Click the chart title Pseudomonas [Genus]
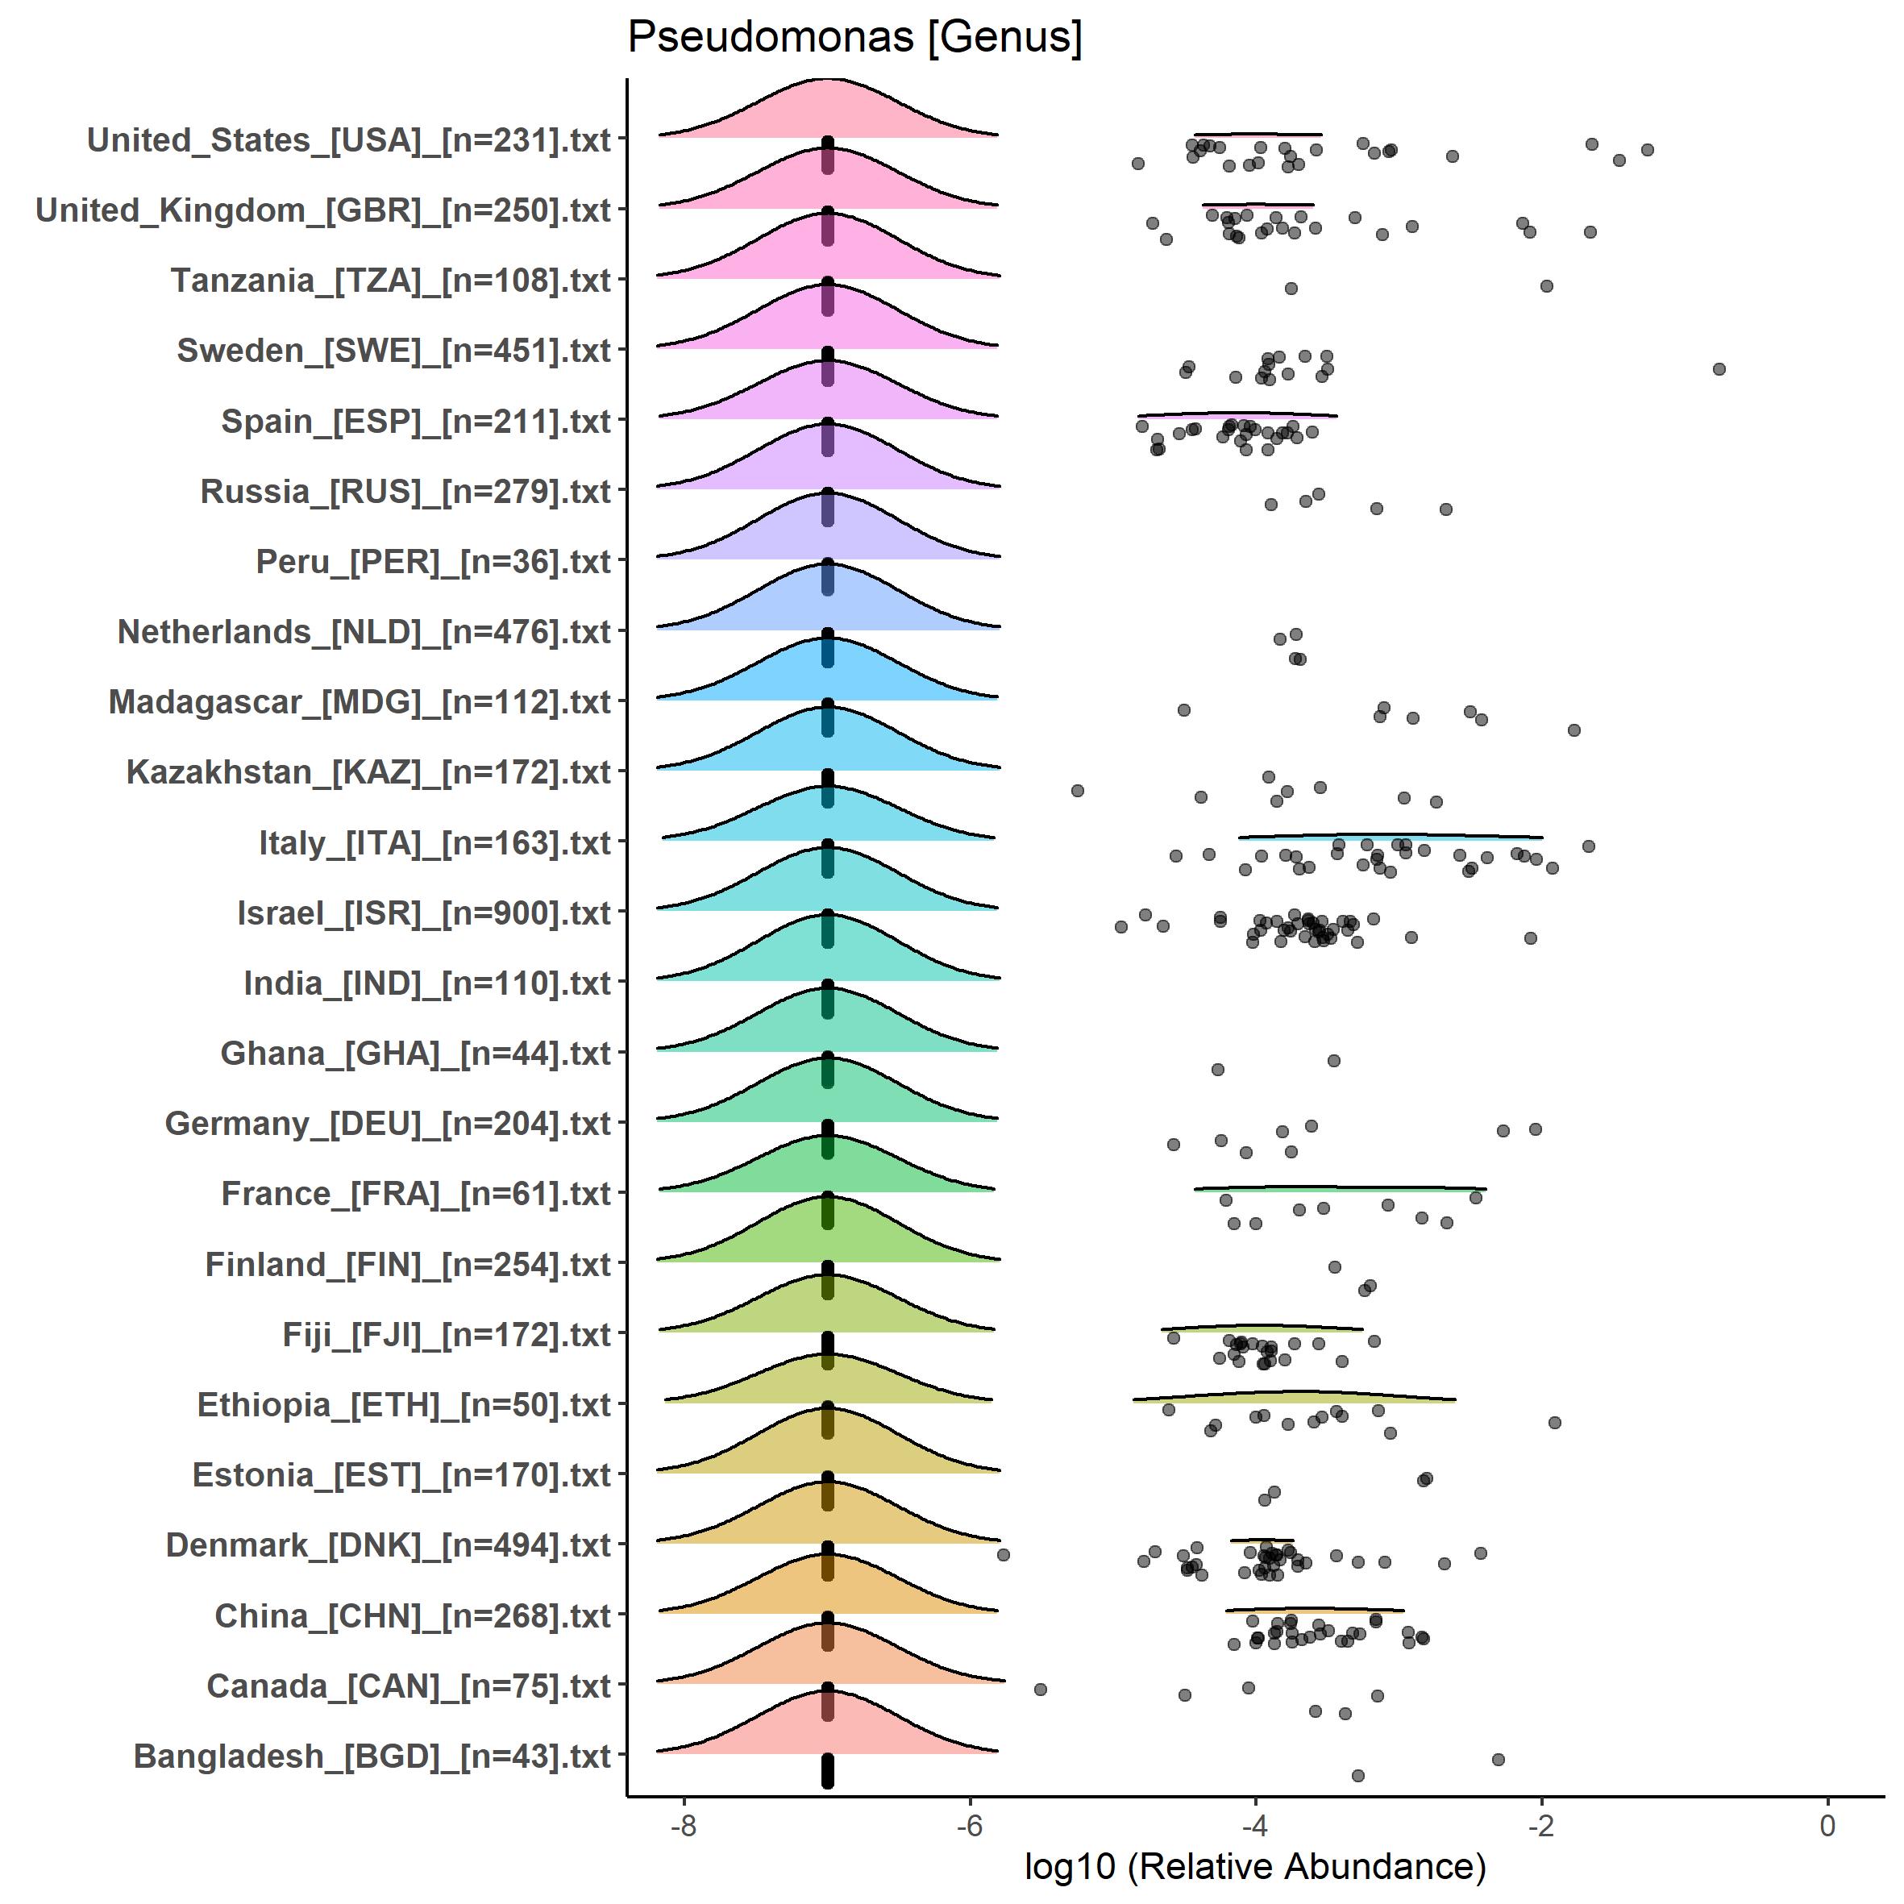tap(854, 37)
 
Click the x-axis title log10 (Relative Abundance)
tap(1254, 1865)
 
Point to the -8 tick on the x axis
tap(684, 1825)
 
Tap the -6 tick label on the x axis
tap(970, 1825)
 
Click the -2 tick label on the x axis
tap(1541, 1825)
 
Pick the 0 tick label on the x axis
tap(1828, 1825)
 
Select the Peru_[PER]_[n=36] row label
tap(434, 562)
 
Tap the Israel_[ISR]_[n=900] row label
tap(424, 913)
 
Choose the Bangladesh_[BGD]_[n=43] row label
tap(372, 1756)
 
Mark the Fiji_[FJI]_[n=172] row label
tap(447, 1334)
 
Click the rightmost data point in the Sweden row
tap(1719, 368)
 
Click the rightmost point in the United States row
tap(1647, 150)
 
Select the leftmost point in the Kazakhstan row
tap(1077, 790)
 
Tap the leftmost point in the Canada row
tap(1040, 1689)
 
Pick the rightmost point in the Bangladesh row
tap(1498, 1759)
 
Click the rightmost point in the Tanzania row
tap(1546, 286)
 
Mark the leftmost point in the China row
tap(1234, 1644)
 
